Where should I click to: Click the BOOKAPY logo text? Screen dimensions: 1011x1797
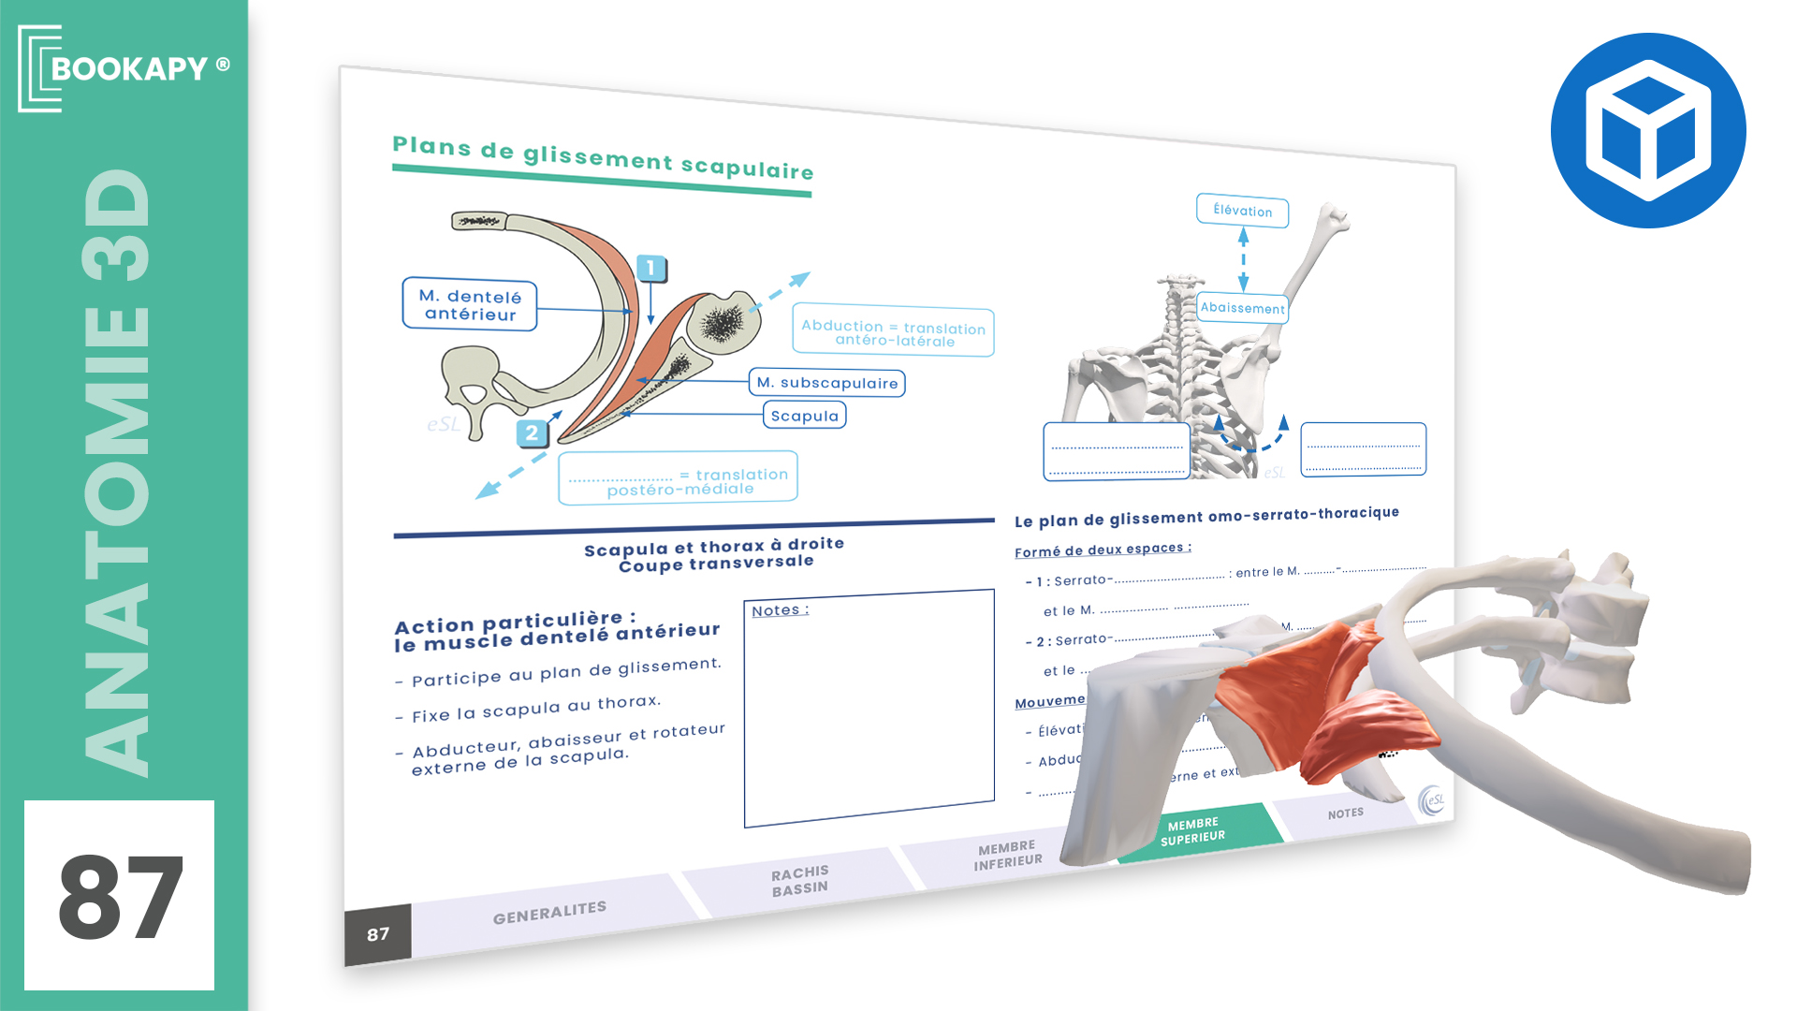(128, 68)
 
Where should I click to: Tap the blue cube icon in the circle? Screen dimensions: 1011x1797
(1647, 130)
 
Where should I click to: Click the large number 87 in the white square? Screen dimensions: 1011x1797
(120, 897)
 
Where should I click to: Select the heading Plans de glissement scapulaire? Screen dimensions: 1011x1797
(603, 158)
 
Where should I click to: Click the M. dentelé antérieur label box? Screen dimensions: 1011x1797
(470, 305)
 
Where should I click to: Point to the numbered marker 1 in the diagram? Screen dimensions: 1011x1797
(651, 269)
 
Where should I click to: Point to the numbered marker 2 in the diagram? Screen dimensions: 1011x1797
(532, 432)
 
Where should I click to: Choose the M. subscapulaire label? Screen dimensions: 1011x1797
(826, 383)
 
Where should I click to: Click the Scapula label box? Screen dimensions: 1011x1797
(805, 416)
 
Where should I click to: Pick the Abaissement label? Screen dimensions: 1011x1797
(1243, 308)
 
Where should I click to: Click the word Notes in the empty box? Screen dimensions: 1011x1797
(777, 610)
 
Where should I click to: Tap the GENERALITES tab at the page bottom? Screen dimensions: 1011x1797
(549, 913)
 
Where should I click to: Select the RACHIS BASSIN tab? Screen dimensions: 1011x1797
(799, 881)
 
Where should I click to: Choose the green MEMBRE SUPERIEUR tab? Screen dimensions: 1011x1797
(1192, 830)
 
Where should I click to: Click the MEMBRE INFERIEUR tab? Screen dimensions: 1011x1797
(1007, 855)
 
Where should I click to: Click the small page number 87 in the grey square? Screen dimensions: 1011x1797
(378, 934)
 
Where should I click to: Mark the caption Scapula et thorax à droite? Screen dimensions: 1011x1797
(713, 547)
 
